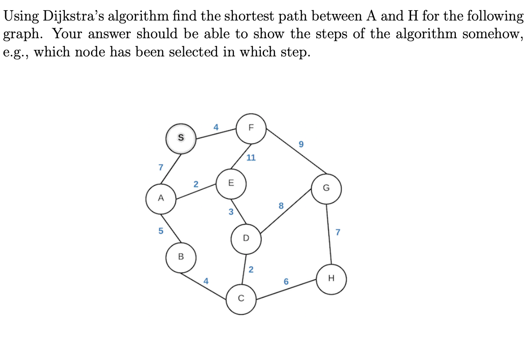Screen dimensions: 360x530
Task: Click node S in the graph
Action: point(181,138)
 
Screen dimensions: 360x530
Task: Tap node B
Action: point(181,256)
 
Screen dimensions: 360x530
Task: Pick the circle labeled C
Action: point(241,298)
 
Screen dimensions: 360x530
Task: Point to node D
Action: point(246,238)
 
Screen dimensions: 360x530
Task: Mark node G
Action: point(326,189)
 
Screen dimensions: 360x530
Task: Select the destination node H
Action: point(332,278)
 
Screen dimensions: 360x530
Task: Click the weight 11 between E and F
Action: point(251,158)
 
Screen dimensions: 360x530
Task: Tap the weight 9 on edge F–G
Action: point(301,145)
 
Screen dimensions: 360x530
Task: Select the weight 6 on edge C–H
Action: point(286,282)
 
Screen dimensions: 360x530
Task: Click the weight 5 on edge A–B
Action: point(160,230)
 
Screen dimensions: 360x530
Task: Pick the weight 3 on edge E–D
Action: point(230,212)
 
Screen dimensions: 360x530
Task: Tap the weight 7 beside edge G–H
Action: point(338,232)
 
